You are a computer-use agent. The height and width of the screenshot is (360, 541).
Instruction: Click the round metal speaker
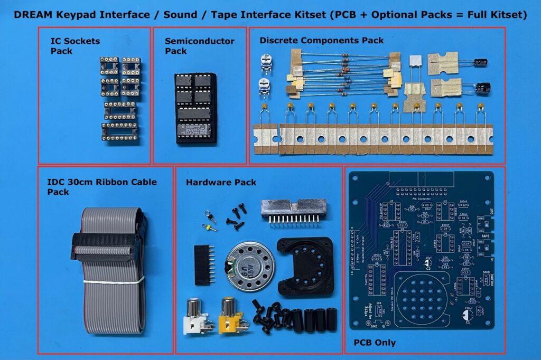[x=245, y=269]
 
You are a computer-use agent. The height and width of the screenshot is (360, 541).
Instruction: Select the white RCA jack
[x=197, y=316]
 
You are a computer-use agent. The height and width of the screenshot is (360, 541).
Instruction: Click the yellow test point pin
[x=210, y=228]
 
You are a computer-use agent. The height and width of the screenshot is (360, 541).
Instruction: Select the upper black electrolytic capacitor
[x=480, y=62]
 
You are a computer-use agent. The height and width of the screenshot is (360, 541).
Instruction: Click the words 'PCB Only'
[x=375, y=343]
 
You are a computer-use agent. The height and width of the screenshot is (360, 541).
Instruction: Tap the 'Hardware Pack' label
[x=221, y=183]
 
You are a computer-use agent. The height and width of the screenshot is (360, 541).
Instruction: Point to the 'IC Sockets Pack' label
[x=75, y=46]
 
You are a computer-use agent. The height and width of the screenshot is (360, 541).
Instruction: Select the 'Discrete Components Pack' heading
[x=321, y=40]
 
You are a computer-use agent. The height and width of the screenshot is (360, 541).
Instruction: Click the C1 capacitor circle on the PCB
[x=468, y=315]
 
